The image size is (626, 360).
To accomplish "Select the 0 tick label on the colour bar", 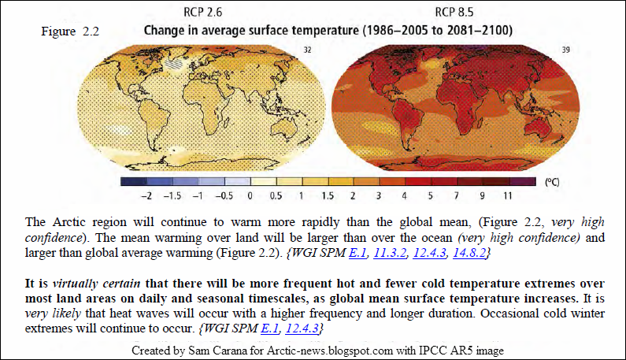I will (250, 195).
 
